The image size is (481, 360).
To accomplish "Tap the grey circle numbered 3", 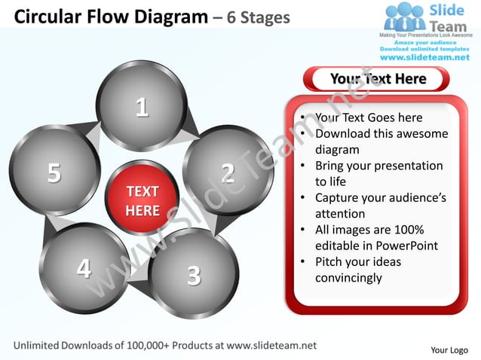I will click(x=194, y=274).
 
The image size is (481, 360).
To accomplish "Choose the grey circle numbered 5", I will click(x=54, y=171).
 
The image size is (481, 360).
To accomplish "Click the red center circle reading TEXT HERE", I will click(x=142, y=200).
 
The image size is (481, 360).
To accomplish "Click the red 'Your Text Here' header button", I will click(x=377, y=79).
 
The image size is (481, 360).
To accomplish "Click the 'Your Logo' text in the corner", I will click(x=449, y=349).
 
